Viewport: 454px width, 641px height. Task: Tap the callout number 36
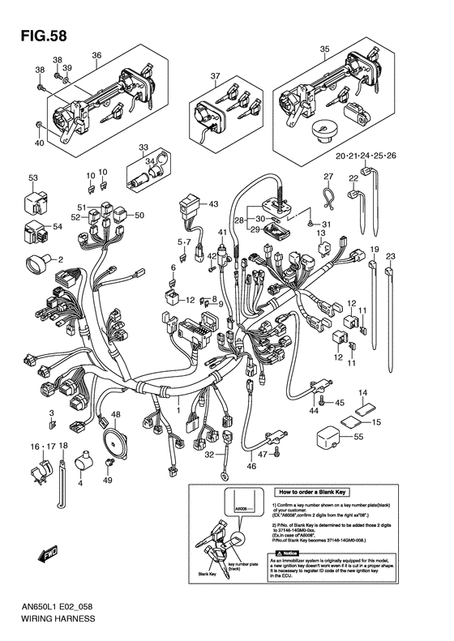96,55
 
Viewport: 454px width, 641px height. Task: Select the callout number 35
323,49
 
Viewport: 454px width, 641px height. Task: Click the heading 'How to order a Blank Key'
318,492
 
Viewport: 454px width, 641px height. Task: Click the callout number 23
390,256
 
